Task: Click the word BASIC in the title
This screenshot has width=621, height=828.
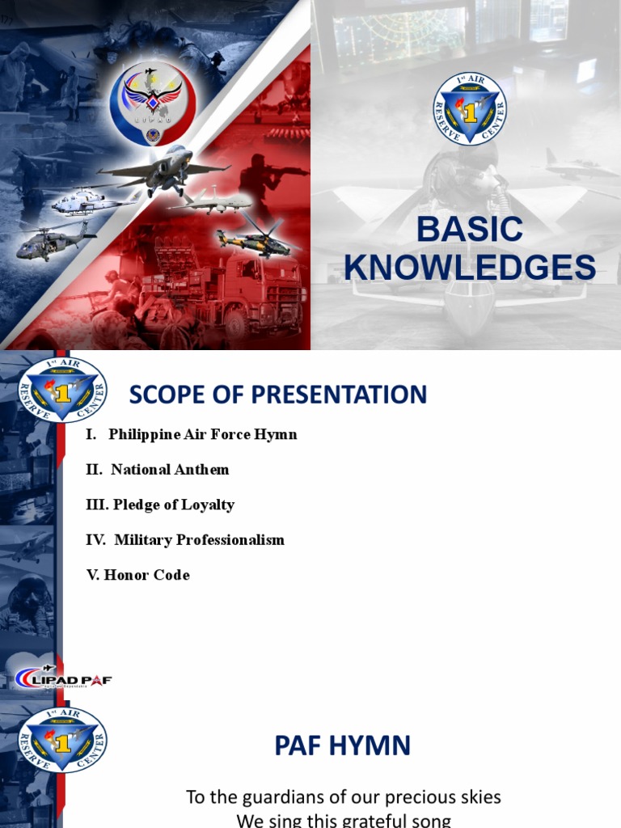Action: (470, 230)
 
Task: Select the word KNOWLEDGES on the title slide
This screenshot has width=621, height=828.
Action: (470, 268)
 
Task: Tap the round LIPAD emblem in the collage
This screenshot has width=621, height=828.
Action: (152, 103)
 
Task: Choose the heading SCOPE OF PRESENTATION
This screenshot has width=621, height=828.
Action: (278, 395)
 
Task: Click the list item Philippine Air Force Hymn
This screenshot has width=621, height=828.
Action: (192, 434)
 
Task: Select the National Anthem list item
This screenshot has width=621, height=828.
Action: (158, 469)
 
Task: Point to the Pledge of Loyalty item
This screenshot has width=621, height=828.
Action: (160, 505)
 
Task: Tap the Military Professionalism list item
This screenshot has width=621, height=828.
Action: (185, 539)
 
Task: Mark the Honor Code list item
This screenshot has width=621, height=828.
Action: (138, 575)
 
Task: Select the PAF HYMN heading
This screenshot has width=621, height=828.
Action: (343, 746)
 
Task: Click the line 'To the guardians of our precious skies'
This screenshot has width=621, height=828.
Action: (344, 797)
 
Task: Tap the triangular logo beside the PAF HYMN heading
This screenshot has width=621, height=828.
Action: (63, 739)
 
